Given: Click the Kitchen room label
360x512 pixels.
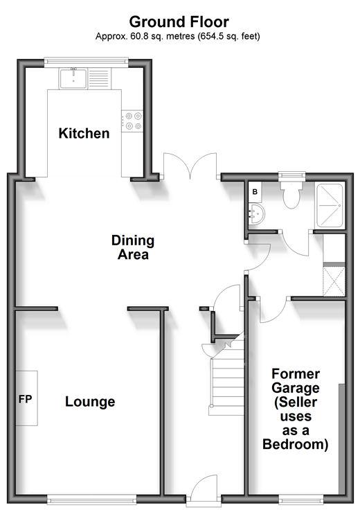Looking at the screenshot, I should (84, 133).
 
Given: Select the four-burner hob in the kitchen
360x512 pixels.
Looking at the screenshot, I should (132, 121).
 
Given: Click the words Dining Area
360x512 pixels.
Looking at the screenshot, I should (133, 247).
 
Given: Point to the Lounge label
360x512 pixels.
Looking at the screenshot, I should (90, 402).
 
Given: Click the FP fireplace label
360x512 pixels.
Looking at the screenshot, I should (25, 400).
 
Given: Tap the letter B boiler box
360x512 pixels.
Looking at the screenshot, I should (255, 192).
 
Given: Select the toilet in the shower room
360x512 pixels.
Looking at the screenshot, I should (291, 193).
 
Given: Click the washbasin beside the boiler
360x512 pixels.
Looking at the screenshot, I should (258, 214).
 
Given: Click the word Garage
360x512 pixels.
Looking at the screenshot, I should (296, 388).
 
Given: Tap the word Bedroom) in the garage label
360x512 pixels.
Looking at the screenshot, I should (296, 444).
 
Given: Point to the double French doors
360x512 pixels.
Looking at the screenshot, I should (190, 166).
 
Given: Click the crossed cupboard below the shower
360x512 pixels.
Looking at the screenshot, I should (334, 281).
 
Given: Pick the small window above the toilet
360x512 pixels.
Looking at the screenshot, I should (291, 175).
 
